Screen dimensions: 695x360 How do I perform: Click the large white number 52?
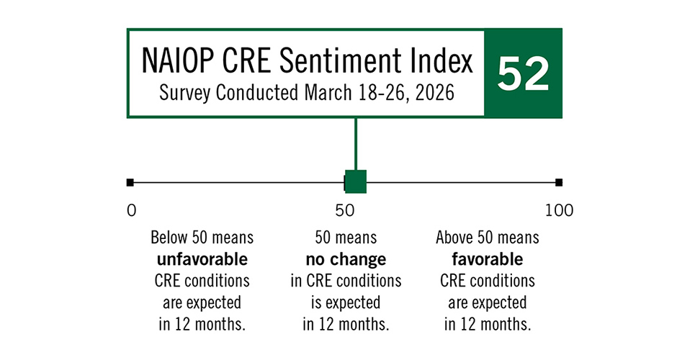[x=523, y=73]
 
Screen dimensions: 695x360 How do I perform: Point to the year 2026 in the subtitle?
[x=435, y=93]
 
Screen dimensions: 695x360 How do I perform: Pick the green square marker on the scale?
[x=356, y=181]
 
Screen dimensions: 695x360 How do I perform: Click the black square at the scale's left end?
[x=130, y=182]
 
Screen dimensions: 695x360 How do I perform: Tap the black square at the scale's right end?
[x=559, y=182]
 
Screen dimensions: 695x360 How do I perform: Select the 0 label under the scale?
[x=131, y=210]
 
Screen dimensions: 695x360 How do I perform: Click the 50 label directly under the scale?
[x=345, y=210]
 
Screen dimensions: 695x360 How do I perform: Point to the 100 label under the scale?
[x=559, y=210]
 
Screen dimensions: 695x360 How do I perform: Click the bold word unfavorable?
[x=202, y=259]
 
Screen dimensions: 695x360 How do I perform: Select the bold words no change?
[x=346, y=260]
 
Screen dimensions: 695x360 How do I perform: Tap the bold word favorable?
[x=487, y=259]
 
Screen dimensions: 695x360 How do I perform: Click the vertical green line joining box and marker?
[x=356, y=144]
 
